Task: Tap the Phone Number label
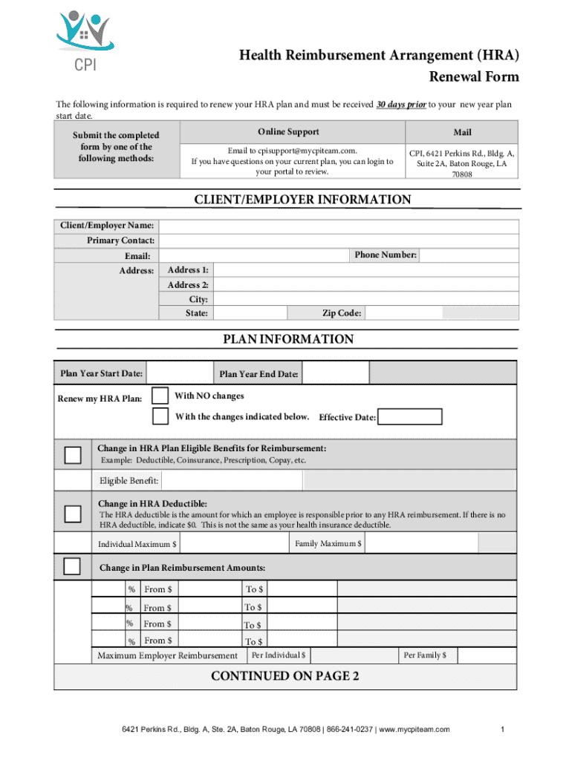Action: click(386, 255)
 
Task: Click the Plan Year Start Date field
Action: click(178, 373)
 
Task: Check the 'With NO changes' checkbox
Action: click(160, 396)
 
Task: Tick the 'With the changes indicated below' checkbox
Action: click(160, 416)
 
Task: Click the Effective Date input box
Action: click(409, 417)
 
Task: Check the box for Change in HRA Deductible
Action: click(73, 514)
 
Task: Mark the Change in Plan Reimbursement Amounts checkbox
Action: click(72, 567)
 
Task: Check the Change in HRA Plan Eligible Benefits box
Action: click(73, 454)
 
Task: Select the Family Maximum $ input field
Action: click(420, 544)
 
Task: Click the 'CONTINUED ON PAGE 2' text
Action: click(285, 676)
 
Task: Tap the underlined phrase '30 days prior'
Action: click(401, 105)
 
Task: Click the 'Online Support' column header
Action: click(288, 132)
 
